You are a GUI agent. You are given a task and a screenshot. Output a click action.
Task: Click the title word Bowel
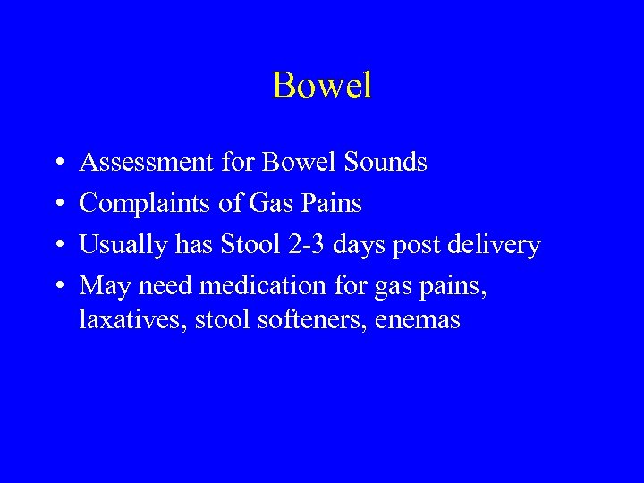pos(321,86)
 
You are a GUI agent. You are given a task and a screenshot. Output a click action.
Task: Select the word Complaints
pos(147,204)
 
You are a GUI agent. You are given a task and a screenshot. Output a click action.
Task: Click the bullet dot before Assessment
pos(57,164)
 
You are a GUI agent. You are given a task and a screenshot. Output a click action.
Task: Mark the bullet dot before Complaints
pos(57,205)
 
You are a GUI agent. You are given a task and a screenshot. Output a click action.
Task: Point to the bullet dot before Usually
pos(57,246)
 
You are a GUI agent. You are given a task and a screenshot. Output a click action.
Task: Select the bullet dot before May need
pos(57,287)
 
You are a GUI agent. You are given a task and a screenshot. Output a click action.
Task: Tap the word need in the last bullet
pos(165,286)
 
